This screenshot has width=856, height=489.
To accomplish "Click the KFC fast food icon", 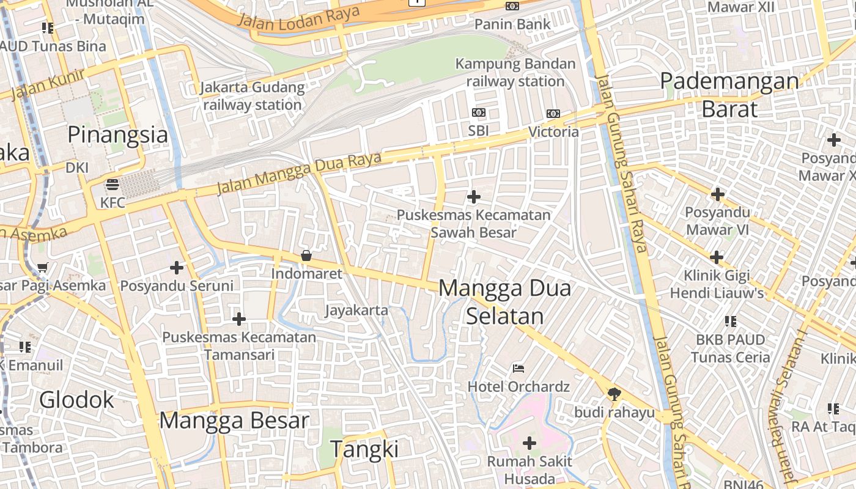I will click(x=112, y=184).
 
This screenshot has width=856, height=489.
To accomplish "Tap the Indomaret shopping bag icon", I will click(x=306, y=256).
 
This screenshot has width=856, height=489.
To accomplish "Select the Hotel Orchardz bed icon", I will click(x=518, y=368).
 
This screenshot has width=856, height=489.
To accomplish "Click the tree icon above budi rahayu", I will click(x=614, y=394).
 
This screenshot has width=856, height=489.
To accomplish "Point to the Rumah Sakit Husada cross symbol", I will click(x=529, y=443).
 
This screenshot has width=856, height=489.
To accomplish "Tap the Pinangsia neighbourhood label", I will click(x=117, y=134).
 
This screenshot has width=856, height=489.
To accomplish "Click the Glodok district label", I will click(x=77, y=400).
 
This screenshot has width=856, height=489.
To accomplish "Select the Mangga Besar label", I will click(x=234, y=421).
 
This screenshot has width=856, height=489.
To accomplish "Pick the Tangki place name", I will click(x=364, y=449).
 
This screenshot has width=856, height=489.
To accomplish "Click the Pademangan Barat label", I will click(x=729, y=95).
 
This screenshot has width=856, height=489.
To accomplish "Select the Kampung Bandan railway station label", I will click(x=515, y=72).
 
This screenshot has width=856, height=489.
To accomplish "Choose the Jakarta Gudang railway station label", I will click(x=253, y=96).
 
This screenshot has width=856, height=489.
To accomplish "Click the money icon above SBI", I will click(x=479, y=112).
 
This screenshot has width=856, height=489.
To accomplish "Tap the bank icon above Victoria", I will click(x=553, y=113).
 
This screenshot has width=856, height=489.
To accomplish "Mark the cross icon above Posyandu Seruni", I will click(x=177, y=267).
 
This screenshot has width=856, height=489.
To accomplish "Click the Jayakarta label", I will click(x=356, y=310).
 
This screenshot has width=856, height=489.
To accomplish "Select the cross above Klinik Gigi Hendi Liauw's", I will click(x=717, y=257).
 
